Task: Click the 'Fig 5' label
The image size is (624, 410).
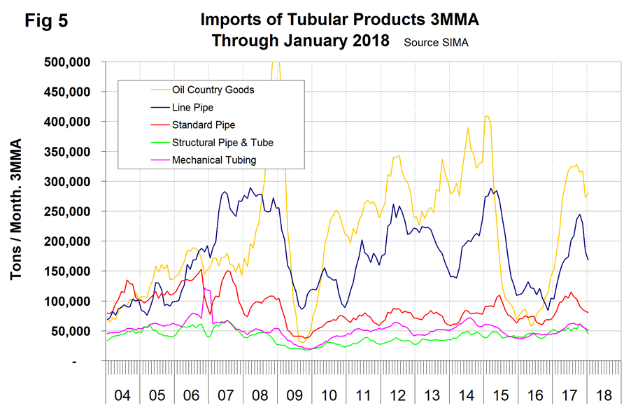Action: coord(46,20)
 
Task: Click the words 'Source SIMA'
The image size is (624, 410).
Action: coord(436,42)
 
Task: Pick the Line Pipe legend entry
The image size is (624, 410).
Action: coord(192,107)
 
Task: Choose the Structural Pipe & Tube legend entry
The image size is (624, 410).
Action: coord(222,142)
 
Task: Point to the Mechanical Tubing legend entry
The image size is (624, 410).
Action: coord(213,160)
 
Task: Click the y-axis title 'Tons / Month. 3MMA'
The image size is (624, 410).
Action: coord(16,210)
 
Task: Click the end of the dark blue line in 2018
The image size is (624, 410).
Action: coord(588,260)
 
